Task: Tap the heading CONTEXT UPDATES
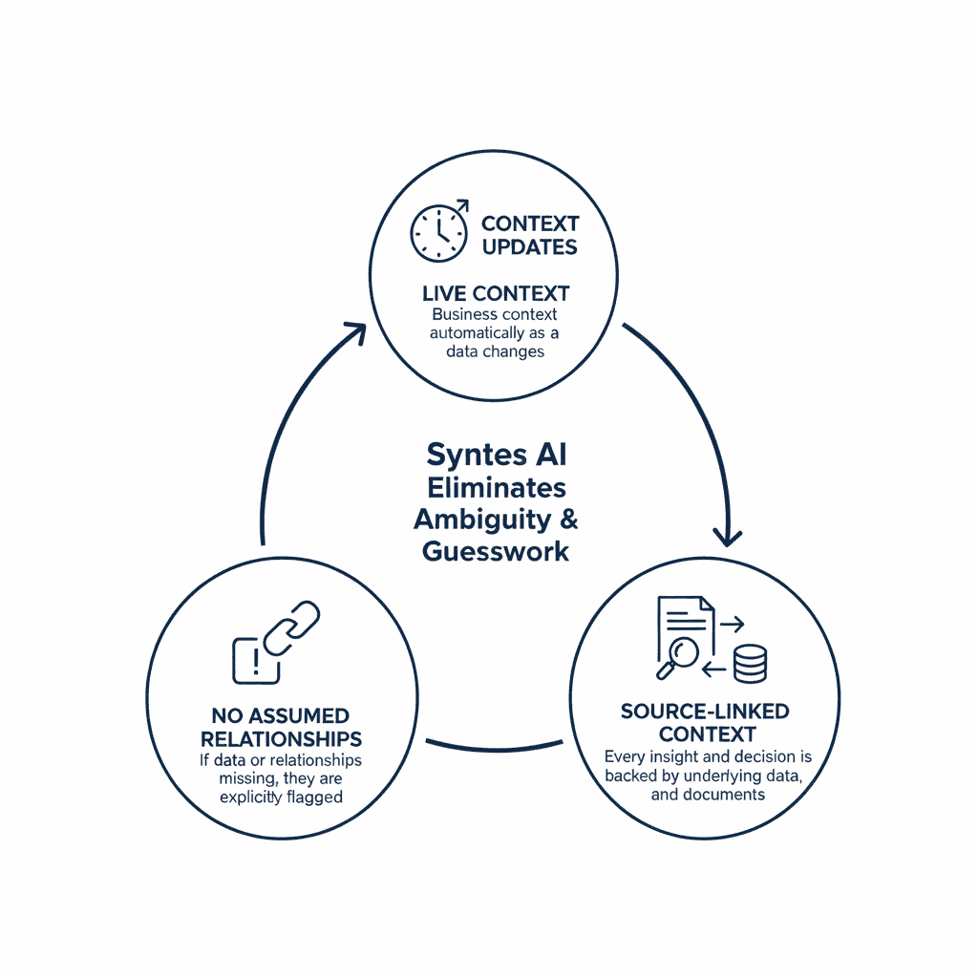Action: click(529, 235)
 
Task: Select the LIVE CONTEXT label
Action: click(495, 293)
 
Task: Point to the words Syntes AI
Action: click(496, 456)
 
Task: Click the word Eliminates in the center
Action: click(496, 487)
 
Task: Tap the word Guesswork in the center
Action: click(496, 551)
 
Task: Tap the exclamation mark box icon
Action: click(255, 660)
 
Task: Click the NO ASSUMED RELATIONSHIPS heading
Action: click(280, 727)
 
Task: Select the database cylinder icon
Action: click(750, 662)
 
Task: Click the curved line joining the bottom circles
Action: click(495, 744)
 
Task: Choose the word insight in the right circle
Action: click(675, 756)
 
